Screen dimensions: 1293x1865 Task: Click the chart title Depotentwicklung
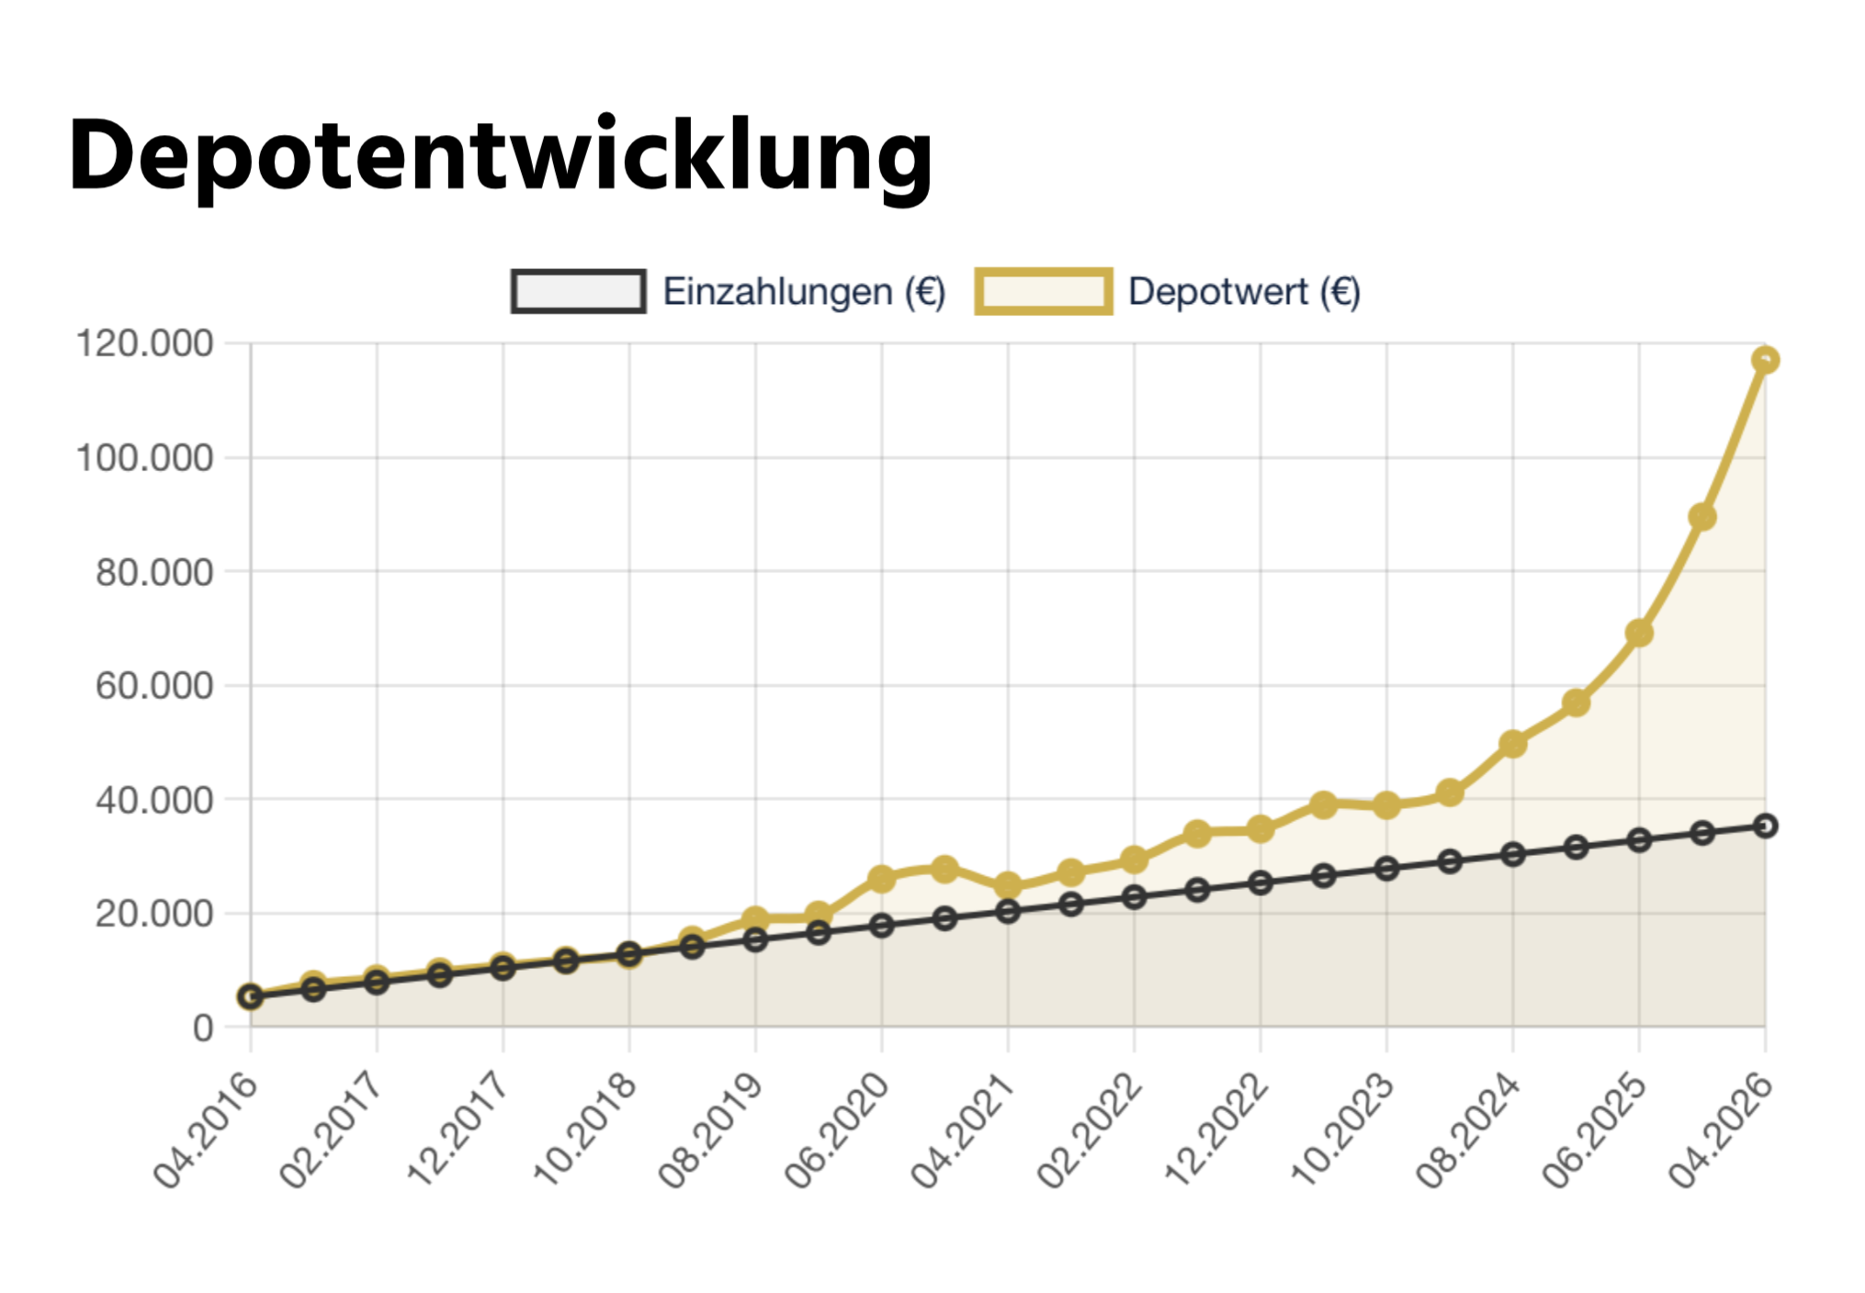tap(501, 156)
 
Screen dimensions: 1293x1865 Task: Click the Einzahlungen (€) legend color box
tap(578, 291)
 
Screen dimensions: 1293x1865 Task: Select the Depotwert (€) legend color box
tap(1044, 291)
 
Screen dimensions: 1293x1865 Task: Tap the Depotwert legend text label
tap(1244, 291)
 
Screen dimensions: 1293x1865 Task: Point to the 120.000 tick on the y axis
tap(144, 343)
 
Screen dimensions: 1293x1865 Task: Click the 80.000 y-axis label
tap(154, 572)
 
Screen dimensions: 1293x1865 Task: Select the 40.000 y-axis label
tap(154, 800)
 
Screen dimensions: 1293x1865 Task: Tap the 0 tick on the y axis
tap(203, 1028)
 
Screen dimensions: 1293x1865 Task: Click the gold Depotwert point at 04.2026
tap(1765, 360)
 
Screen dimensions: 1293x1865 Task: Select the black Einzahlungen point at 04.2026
tap(1765, 826)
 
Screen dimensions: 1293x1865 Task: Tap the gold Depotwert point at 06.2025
tap(1639, 633)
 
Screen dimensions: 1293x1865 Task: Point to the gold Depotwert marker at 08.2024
tap(1513, 744)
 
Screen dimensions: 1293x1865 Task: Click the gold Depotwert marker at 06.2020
tap(882, 879)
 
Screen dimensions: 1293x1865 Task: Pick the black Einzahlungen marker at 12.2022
tap(1260, 883)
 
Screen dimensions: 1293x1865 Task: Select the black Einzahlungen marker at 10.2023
tap(1387, 869)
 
